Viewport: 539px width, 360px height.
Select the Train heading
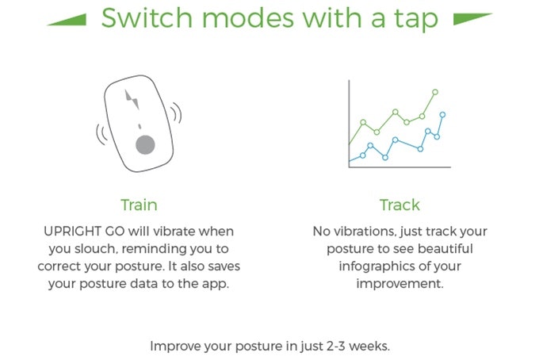coord(139,205)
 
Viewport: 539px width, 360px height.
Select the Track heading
coord(399,205)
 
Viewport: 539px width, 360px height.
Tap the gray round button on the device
coord(144,144)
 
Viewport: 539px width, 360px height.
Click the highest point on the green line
coord(435,92)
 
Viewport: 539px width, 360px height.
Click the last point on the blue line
coord(442,114)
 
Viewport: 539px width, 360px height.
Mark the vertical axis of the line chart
coord(350,122)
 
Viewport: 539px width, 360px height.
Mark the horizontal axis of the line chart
coord(399,167)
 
